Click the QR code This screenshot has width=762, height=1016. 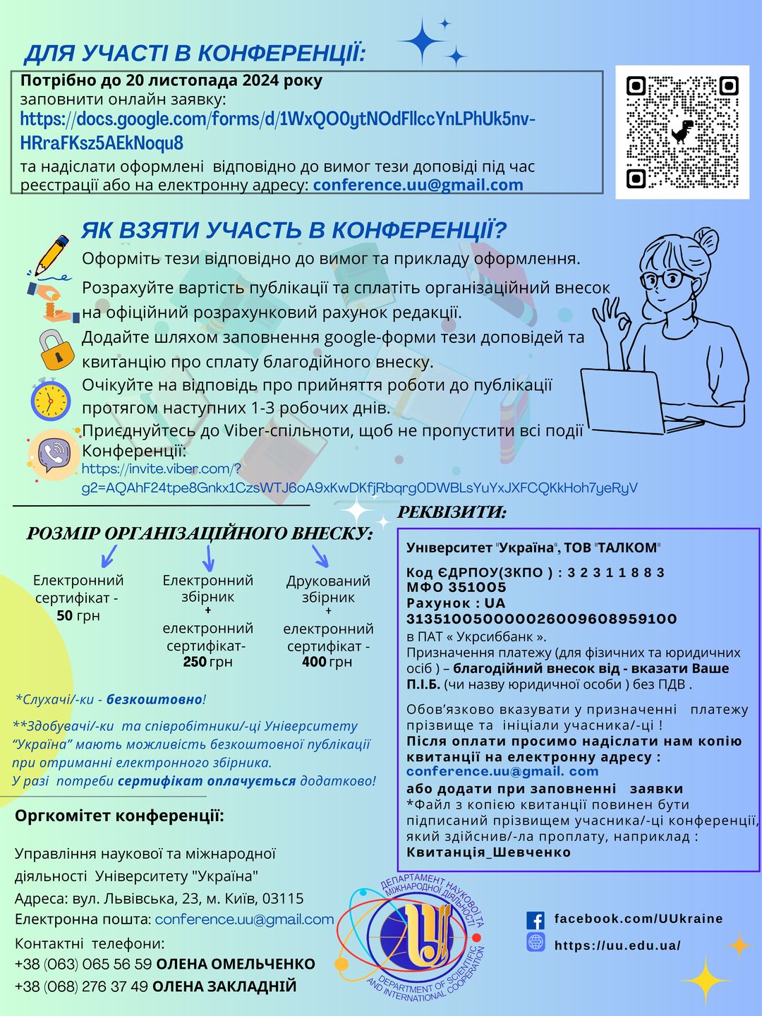pos(682,132)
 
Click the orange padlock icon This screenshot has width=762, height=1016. pos(55,349)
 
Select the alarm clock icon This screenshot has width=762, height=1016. pos(50,399)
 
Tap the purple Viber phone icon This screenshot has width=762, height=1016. pos(54,455)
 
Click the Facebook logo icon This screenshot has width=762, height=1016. pos(536,920)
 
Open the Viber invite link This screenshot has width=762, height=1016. pos(359,478)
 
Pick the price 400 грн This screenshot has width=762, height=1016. pos(327,662)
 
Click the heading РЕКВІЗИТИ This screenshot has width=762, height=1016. pos(452,513)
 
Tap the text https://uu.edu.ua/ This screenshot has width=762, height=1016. pos(617,945)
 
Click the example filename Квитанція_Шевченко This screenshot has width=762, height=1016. pos(488,852)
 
